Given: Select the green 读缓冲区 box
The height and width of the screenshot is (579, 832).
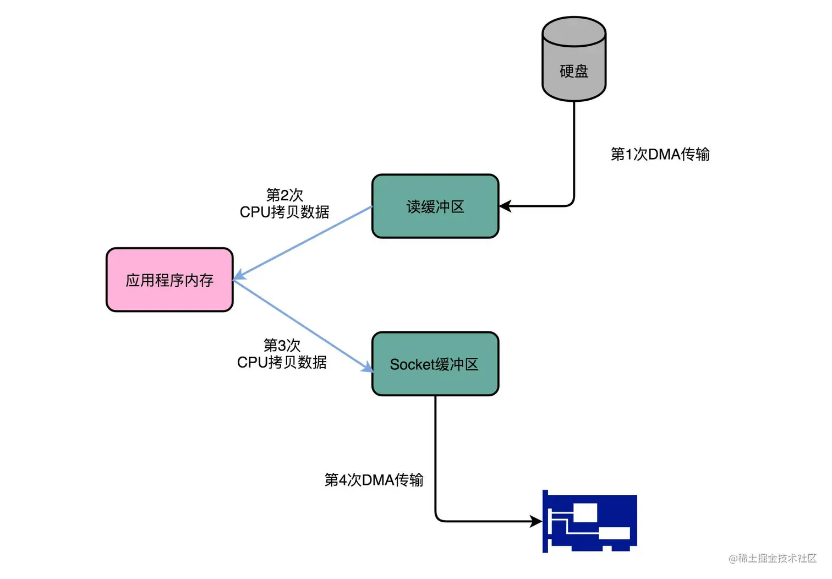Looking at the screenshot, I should pos(435,206).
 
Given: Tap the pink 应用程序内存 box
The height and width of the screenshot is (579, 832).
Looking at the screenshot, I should pos(169,280).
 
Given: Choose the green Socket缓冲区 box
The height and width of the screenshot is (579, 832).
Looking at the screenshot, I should pos(435,364).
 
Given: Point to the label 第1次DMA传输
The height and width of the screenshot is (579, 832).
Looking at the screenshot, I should pos(660,154).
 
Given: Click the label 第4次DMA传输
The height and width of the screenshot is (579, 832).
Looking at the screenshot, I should pos(374,480).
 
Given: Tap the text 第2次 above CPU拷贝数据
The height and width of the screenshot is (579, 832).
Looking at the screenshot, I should pos(284,195).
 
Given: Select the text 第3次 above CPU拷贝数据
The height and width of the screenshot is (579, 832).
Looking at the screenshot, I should pos(282,345).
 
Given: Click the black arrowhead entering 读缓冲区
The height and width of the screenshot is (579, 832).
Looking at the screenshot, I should pos(505,206).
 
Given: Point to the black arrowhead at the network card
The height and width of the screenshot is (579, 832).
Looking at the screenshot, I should pos(536,521).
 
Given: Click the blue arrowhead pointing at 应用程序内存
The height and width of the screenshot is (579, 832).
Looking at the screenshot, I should pos(240,275).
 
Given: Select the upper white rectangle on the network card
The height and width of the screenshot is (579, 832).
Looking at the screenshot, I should pos(585,512).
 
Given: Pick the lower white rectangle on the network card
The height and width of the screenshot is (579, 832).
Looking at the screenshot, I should pos(614,533).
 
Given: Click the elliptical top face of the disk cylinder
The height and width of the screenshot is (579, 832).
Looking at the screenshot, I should pos(573,31).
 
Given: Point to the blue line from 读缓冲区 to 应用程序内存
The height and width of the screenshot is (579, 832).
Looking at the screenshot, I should pos(306,242).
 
